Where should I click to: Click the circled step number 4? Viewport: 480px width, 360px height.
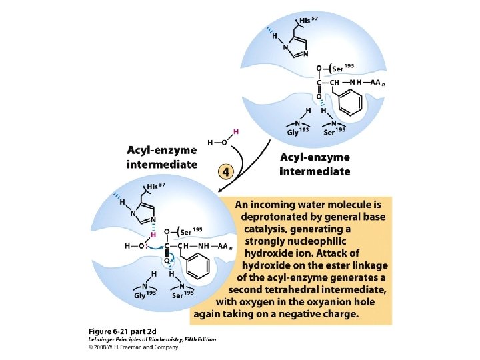[x=227, y=171]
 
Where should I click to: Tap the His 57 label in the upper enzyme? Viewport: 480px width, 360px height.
[x=308, y=21]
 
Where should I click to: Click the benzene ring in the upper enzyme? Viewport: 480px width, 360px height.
[x=352, y=102]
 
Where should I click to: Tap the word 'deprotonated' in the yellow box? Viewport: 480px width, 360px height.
[x=277, y=217]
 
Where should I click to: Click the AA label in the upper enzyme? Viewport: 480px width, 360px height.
[x=377, y=83]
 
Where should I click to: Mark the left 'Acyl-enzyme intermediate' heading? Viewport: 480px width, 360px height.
[x=162, y=157]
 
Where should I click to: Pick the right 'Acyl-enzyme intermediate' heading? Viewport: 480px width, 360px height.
[x=315, y=165]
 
